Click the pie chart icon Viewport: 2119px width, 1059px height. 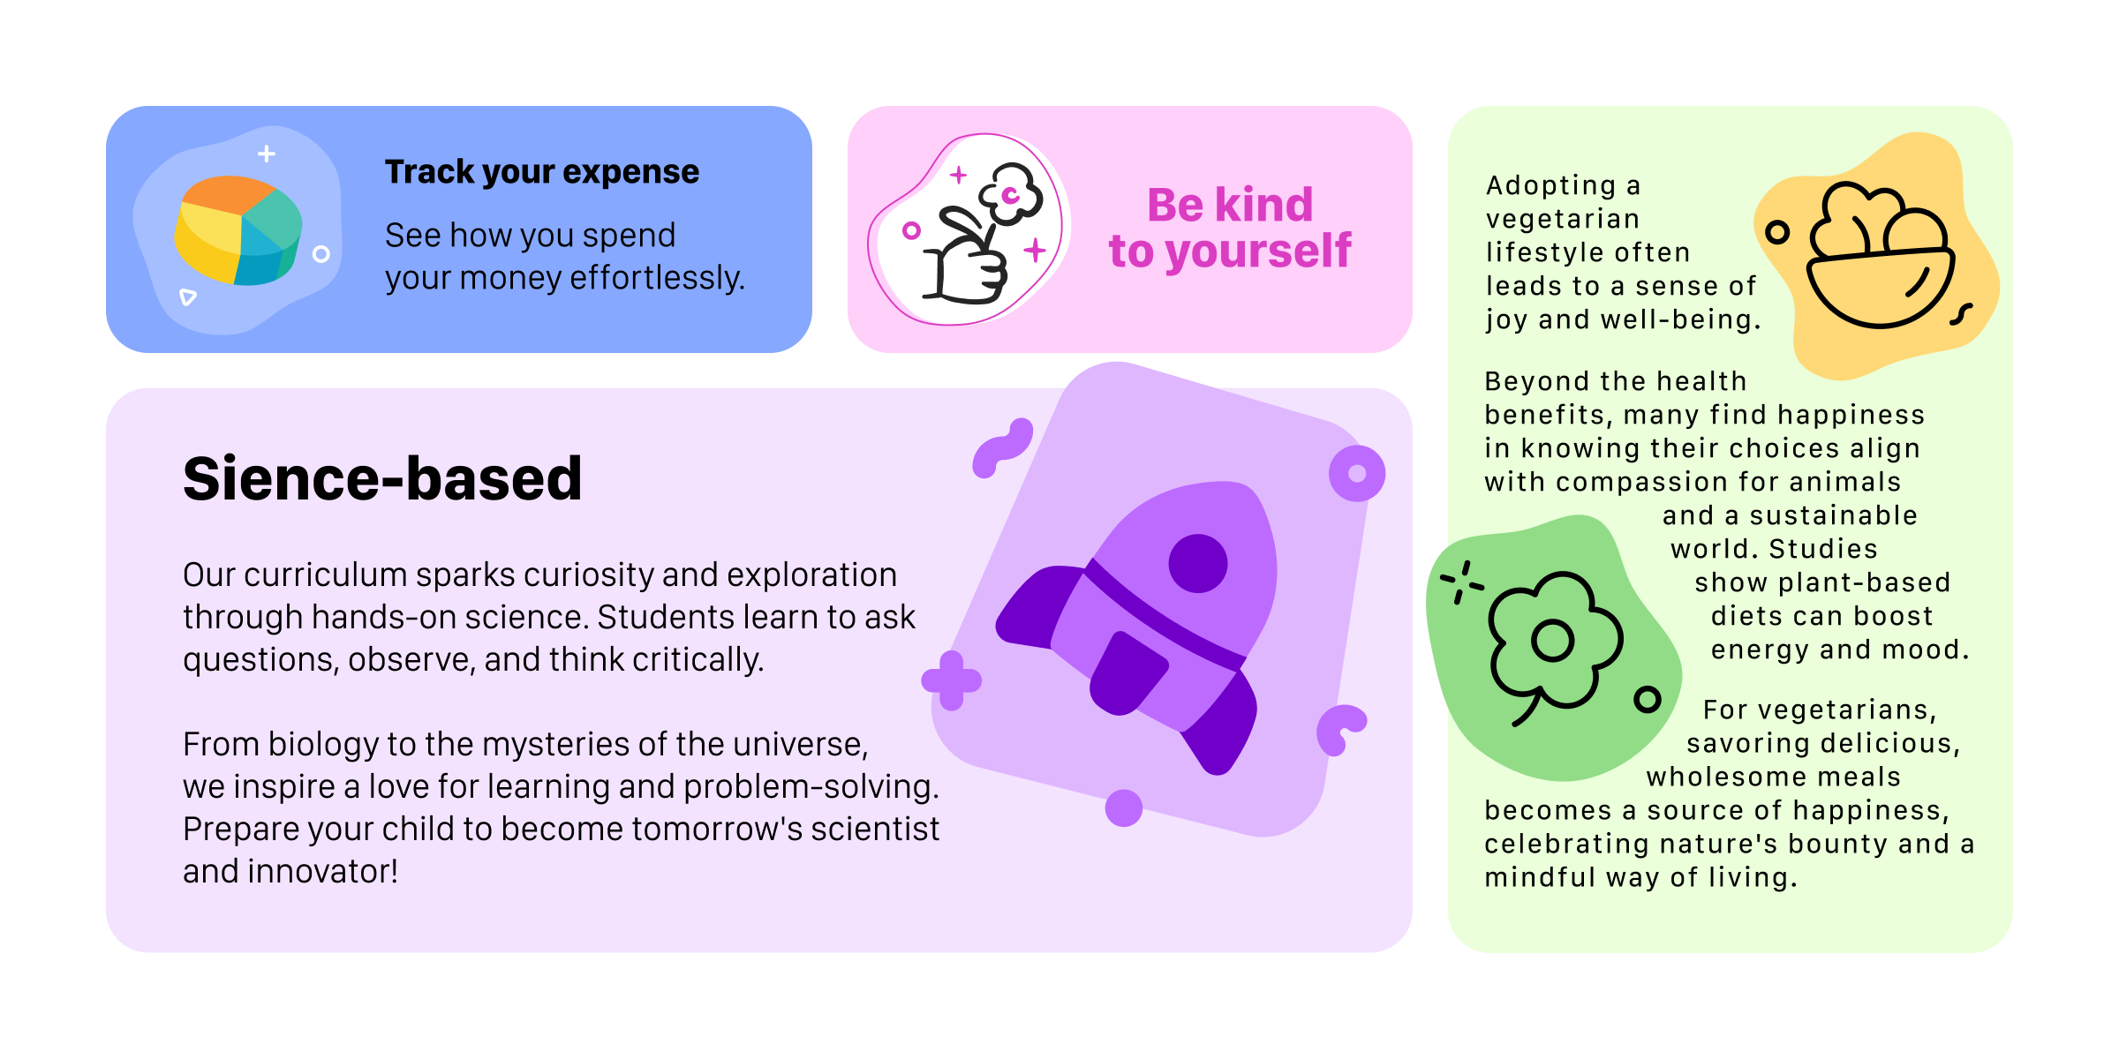238,230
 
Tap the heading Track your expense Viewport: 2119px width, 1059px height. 541,171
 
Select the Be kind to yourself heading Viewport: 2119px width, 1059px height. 1229,228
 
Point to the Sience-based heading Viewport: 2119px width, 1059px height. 382,478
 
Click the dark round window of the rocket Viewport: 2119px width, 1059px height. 1197,563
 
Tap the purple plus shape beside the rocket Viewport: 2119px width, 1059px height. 951,680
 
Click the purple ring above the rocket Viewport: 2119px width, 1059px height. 1356,473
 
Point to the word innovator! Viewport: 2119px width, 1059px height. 322,871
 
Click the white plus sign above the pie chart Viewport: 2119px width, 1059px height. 267,154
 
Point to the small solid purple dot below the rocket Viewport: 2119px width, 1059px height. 1123,807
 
